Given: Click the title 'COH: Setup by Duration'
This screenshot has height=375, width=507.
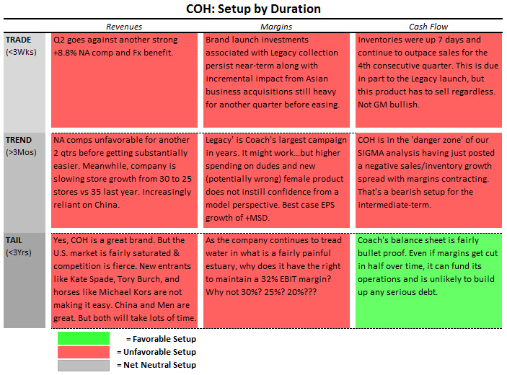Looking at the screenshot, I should pos(253,9).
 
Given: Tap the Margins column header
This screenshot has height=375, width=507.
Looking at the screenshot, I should pos(276,27).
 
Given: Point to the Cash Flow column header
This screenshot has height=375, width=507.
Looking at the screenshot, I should pos(428,27).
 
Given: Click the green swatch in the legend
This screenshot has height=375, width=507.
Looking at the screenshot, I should pos(84,338).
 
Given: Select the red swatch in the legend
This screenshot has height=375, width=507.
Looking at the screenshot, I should pos(84,351).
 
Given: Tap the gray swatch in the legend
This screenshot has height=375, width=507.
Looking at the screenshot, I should pos(84,365).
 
